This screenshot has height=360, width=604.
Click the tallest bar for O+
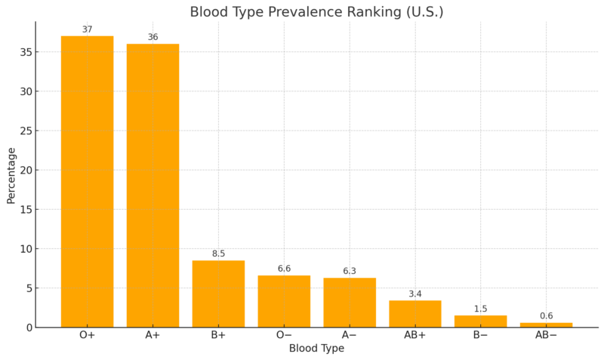point(87,181)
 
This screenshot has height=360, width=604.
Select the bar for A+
point(153,185)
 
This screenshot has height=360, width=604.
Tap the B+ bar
point(218,294)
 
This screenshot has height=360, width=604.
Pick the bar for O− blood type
point(284,301)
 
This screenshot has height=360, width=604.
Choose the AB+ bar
point(415,314)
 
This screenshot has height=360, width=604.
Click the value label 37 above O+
point(87,29)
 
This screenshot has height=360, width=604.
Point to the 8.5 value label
point(218,254)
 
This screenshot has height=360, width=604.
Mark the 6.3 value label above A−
point(350,271)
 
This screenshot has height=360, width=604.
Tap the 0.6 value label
point(546,316)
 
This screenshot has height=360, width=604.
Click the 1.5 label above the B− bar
point(480,309)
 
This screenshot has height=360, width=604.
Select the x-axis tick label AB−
point(546,335)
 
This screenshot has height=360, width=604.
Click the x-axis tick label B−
point(480,335)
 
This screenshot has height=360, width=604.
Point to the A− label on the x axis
point(350,335)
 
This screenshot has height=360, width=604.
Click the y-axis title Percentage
point(11,175)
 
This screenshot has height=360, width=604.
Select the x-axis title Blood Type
point(316,349)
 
